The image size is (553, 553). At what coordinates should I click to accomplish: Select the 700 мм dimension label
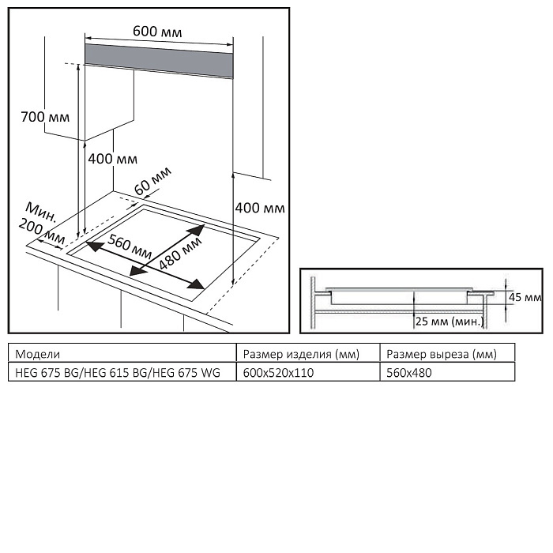coord(45,117)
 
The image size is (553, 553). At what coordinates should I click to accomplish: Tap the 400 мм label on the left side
coord(112,159)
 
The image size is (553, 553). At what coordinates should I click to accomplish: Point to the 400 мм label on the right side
coord(260,208)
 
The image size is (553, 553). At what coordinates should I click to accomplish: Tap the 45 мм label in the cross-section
coord(525,298)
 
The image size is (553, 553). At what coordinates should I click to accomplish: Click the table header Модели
coord(38,353)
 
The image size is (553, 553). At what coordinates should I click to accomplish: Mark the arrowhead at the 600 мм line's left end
coord(88,36)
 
